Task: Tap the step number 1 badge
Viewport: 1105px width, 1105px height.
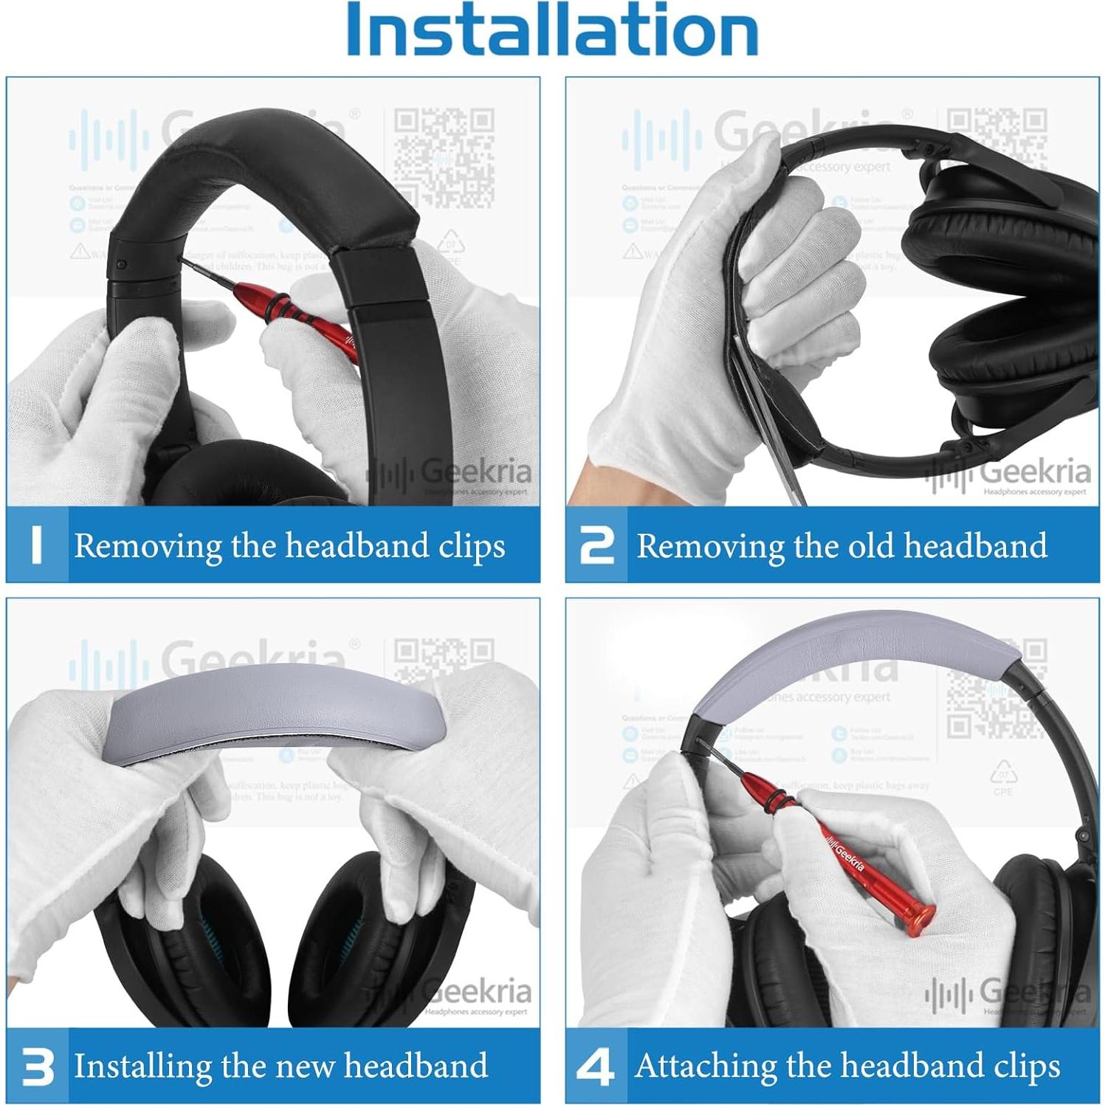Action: (37, 545)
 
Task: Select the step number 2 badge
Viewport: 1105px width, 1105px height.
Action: (596, 545)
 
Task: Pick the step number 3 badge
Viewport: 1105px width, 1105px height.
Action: (38, 1067)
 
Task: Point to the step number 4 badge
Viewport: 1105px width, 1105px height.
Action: (596, 1067)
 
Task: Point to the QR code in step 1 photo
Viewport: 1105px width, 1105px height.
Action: (444, 157)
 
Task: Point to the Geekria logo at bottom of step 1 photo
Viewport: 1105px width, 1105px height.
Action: (450, 475)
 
